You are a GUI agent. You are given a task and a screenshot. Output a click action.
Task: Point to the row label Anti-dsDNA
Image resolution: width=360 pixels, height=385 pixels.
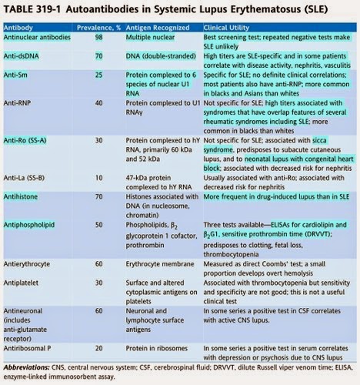pos(23,56)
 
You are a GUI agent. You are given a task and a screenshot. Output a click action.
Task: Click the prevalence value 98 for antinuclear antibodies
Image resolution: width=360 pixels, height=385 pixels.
pos(98,36)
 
